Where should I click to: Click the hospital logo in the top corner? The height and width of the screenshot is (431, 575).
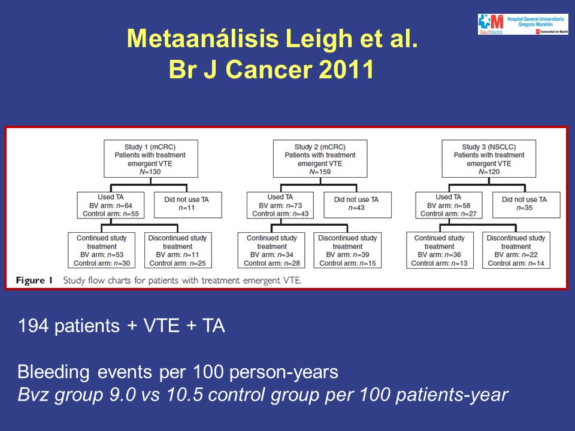[x=523, y=24]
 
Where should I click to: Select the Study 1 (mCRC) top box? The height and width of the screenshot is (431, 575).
[x=151, y=159]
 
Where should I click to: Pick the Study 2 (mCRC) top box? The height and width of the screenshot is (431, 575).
[x=320, y=159]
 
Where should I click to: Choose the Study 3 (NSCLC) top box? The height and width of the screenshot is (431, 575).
[x=489, y=159]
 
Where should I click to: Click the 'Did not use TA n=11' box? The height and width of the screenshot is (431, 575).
[x=187, y=205]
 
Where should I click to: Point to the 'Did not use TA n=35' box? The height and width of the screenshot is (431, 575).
[x=526, y=205]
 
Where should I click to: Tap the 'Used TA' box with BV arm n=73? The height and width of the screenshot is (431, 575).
[x=280, y=205]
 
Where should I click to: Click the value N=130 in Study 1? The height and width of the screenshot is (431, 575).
[x=150, y=172]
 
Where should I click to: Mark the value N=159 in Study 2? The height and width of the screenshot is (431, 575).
[x=320, y=172]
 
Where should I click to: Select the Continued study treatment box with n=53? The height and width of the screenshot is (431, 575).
[x=102, y=250]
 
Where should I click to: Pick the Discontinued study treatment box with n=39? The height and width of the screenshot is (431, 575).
[x=347, y=250]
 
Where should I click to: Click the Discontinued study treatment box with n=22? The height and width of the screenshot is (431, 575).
[x=516, y=250]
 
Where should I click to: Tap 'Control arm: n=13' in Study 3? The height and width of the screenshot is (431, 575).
[x=439, y=263]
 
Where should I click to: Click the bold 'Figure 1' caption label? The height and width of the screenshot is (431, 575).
[x=34, y=281]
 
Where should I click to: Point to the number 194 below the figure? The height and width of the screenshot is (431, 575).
[x=33, y=326]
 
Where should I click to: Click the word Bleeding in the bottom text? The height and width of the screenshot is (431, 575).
[x=53, y=372]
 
